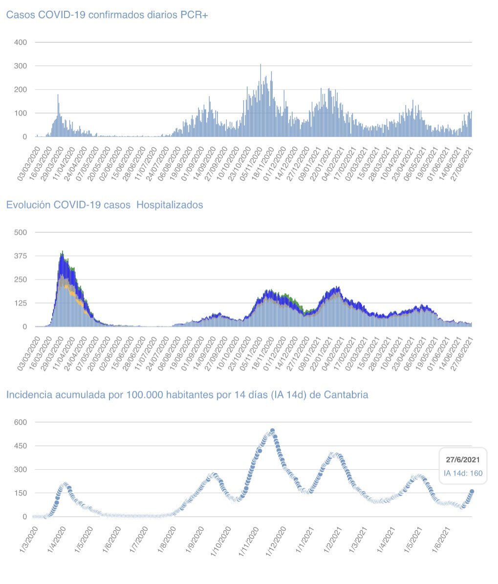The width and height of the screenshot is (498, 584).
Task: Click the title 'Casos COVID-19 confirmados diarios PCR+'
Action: tap(107, 15)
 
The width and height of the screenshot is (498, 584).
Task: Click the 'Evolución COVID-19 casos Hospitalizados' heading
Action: tap(104, 205)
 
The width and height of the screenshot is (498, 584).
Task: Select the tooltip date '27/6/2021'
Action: tap(462, 460)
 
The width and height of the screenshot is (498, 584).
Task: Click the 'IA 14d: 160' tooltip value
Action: tap(462, 473)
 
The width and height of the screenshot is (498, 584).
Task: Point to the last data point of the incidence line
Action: tap(472, 492)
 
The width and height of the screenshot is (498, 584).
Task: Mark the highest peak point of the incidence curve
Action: tap(272, 431)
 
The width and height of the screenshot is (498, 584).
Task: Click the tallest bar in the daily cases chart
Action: tap(260, 65)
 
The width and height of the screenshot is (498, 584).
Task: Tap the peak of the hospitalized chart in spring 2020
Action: tap(62, 252)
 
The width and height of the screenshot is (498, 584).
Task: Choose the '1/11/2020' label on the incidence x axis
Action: tap(249, 543)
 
